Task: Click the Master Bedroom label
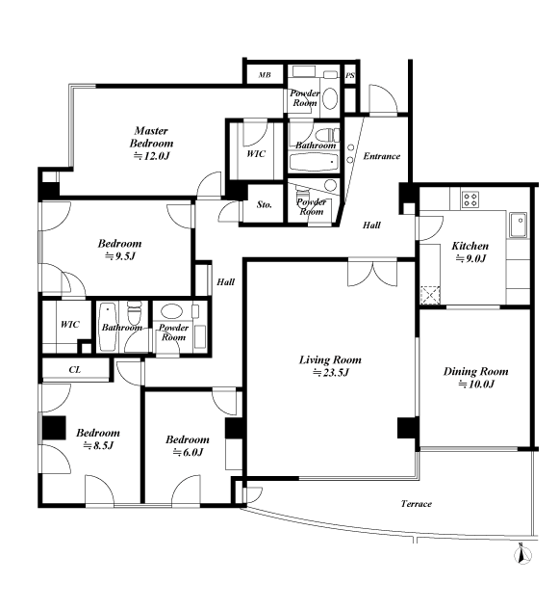click(151, 143)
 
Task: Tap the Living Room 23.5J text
click(330, 366)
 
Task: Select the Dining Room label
click(476, 378)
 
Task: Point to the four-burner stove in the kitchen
click(470, 199)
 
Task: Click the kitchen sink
click(519, 225)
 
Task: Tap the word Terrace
click(416, 504)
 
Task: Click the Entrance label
click(381, 156)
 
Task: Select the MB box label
click(265, 75)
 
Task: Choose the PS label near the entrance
click(350, 75)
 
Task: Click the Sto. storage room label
click(265, 204)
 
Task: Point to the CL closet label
click(75, 370)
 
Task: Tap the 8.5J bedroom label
click(98, 438)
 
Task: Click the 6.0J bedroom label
click(188, 445)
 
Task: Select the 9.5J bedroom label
click(119, 250)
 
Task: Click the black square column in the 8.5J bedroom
click(54, 428)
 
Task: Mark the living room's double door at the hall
click(372, 274)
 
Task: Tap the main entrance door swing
click(383, 99)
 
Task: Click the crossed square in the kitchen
click(430, 295)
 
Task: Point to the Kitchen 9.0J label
click(470, 252)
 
